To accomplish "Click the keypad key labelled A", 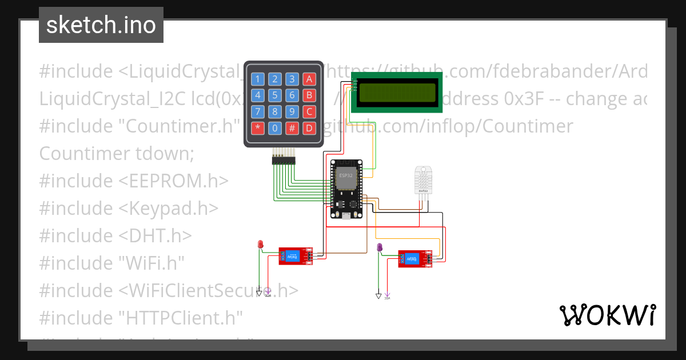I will point(309,79).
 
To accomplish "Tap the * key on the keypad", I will point(258,127).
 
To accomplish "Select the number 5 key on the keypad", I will point(275,95).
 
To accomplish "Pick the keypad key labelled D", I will point(309,127).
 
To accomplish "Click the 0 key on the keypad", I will point(275,127).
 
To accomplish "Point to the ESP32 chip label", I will point(346,175).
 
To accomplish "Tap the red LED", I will point(260,245).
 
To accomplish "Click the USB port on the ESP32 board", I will point(346,215).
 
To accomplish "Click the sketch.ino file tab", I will point(101,25).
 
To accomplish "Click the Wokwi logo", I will point(607,315).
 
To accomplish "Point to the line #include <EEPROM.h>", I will point(134,181).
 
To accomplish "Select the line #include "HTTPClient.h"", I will point(141,317).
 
